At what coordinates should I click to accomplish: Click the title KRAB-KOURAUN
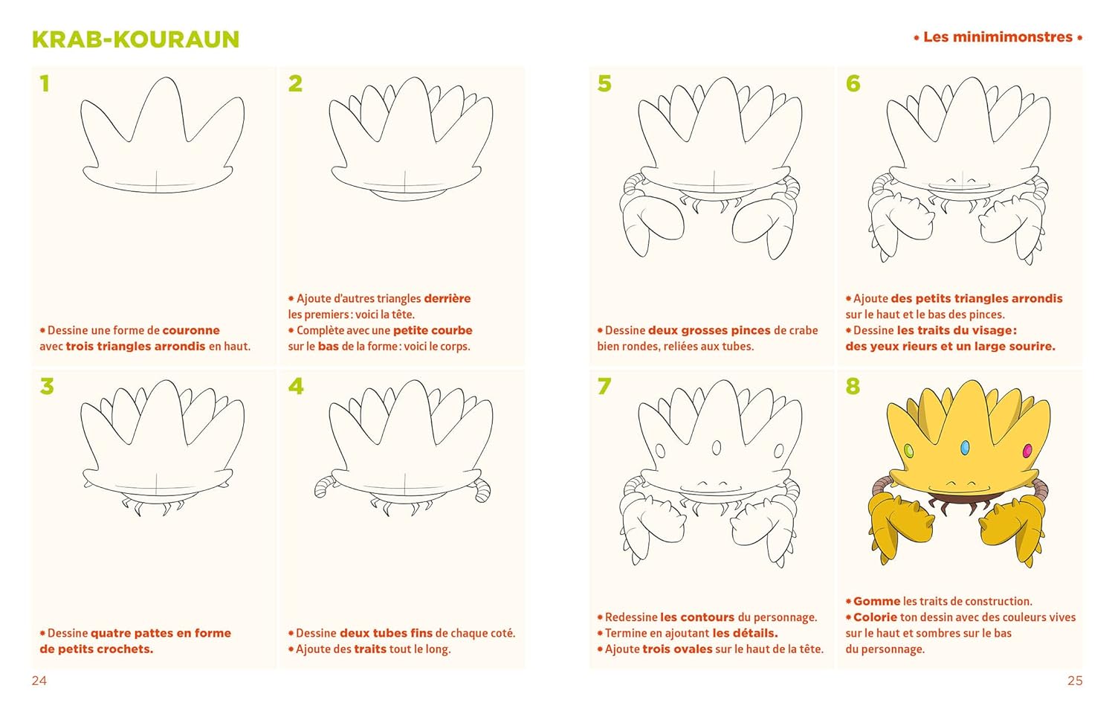point(135,39)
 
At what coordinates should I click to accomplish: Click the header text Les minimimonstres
point(998,37)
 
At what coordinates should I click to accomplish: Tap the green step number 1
point(45,83)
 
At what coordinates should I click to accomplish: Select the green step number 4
point(296,386)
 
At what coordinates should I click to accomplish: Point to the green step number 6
point(853,83)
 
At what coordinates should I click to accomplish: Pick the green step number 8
point(853,386)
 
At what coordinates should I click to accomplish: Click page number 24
point(39,681)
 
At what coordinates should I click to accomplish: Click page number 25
point(1075,681)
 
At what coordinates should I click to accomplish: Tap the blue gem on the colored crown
point(965,448)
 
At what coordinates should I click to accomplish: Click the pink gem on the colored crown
point(1027,451)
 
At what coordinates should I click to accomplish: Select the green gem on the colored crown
point(908,451)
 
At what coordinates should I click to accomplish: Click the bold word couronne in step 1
point(190,330)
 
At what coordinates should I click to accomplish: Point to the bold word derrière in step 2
point(447,298)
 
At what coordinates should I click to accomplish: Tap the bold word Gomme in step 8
point(876,601)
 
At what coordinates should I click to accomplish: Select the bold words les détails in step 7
point(745,633)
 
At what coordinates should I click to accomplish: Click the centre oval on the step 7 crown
point(717,448)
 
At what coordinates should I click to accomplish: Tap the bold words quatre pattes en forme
point(161,633)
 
